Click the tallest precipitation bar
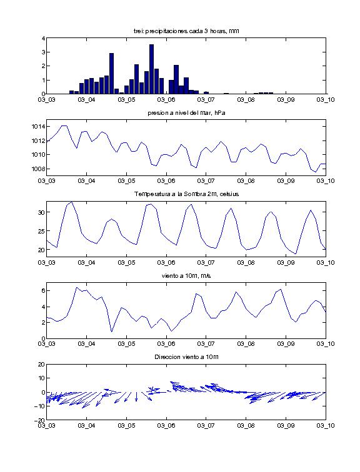pyautogui.click(x=151, y=69)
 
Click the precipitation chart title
pyautogui.click(x=186, y=31)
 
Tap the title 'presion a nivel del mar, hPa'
pyautogui.click(x=186, y=113)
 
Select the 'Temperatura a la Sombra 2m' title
pyautogui.click(x=186, y=194)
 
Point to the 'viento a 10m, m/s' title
pyautogui.click(x=186, y=276)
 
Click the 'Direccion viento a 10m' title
pyautogui.click(x=186, y=357)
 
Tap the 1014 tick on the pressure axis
pyautogui.click(x=38, y=126)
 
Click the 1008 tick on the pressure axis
pyautogui.click(x=38, y=169)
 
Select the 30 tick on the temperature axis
pyautogui.click(x=41, y=212)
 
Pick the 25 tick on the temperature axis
pyautogui.click(x=41, y=231)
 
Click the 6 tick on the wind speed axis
pyautogui.click(x=43, y=291)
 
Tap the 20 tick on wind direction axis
pyautogui.click(x=41, y=364)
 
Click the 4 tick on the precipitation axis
pyautogui.click(x=43, y=38)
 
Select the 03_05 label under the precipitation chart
pyautogui.click(x=126, y=100)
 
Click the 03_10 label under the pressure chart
pyautogui.click(x=326, y=181)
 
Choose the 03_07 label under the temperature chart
pyautogui.click(x=206, y=262)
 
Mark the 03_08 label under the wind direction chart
pyautogui.click(x=246, y=425)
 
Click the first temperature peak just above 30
pyautogui.click(x=71, y=202)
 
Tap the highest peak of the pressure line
pyautogui.click(x=64, y=126)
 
